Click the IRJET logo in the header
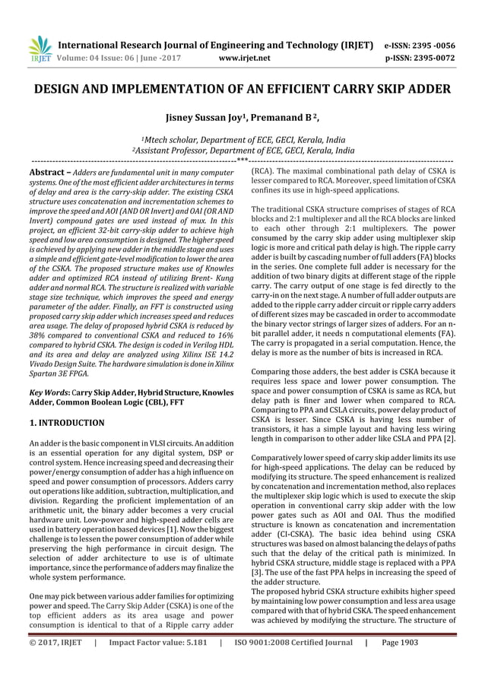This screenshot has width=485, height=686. [x=38, y=47]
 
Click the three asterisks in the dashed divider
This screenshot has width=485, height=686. [x=242, y=160]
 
